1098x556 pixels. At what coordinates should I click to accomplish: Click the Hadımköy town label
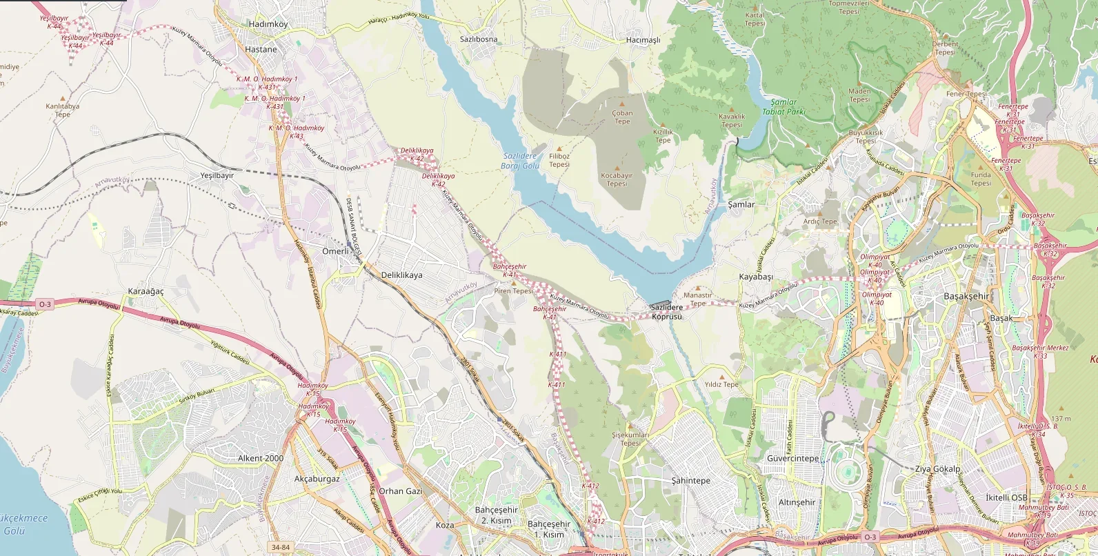[268, 24]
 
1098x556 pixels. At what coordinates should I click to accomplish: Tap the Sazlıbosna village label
[478, 39]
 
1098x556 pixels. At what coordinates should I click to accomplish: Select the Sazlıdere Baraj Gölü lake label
[520, 161]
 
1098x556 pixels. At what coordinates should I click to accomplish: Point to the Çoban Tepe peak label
[622, 117]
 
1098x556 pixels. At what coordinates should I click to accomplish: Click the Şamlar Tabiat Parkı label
[783, 106]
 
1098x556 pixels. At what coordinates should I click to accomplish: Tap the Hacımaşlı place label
[643, 40]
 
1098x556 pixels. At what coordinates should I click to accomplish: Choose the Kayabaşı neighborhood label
[756, 277]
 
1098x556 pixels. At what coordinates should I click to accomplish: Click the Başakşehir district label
[966, 296]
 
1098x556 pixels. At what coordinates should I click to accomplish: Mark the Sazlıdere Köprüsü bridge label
[666, 312]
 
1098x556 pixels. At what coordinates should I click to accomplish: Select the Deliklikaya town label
[401, 275]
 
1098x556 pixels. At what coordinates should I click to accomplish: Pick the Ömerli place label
[336, 251]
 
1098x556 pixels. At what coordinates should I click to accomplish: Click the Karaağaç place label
[146, 291]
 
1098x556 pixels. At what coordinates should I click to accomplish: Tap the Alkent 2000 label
[261, 458]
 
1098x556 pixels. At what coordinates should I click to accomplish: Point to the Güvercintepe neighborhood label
[793, 458]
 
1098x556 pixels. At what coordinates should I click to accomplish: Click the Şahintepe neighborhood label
[690, 481]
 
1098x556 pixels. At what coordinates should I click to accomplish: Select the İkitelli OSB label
[1006, 497]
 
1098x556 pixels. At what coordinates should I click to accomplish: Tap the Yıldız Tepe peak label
[721, 384]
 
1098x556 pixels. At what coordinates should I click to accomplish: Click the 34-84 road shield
[281, 547]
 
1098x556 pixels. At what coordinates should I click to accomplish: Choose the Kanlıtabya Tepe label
[63, 110]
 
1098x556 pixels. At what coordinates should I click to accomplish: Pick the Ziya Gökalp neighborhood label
[937, 468]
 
